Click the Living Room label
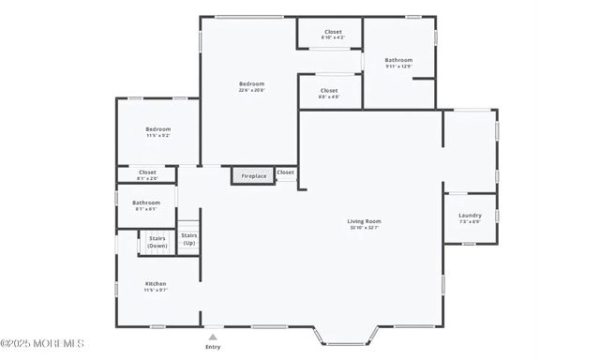365,221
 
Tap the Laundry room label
470,216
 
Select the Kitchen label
156,283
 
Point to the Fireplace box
253,175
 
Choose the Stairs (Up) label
188,238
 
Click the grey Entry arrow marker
213,337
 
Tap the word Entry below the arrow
213,347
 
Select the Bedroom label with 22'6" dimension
251,83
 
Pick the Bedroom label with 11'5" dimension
157,128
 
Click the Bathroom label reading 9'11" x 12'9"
398,60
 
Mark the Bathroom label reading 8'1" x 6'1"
145,202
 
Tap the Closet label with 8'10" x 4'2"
333,32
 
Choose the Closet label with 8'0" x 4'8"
328,90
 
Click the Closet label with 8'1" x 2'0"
147,172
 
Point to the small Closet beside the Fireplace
285,172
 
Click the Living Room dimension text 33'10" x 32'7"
365,228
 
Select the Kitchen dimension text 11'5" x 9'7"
156,290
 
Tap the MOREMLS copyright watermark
42,342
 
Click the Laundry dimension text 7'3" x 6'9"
470,222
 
